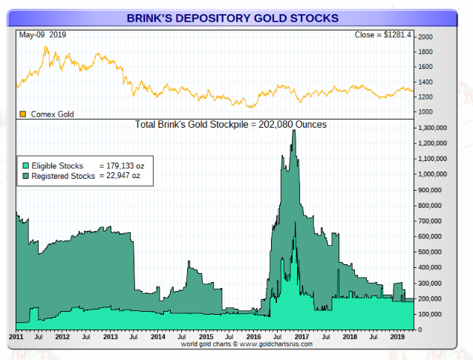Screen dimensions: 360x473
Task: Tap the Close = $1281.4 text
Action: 382,35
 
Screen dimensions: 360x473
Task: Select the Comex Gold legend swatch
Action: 22,114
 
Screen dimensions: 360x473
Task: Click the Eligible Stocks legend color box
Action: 25,166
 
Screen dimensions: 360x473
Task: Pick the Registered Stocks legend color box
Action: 25,177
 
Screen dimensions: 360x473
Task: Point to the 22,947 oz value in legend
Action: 124,177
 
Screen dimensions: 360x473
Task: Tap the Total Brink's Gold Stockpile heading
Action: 231,125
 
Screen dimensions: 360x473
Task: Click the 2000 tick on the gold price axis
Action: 425,36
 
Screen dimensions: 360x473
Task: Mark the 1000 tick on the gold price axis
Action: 425,112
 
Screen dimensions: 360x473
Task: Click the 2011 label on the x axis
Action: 16,337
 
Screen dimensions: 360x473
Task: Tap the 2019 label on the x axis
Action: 397,337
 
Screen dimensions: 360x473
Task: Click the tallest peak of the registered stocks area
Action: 294,131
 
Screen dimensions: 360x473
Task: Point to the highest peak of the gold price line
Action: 46,47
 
